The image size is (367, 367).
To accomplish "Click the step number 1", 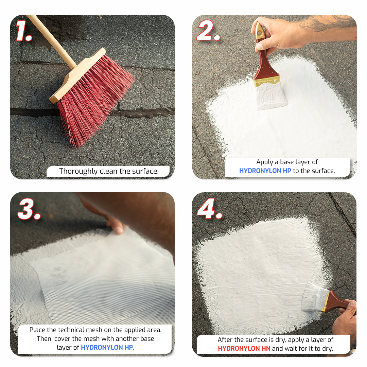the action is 24,31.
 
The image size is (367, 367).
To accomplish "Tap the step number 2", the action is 208,31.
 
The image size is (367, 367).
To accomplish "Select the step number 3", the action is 29,209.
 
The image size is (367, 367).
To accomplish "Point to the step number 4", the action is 209,209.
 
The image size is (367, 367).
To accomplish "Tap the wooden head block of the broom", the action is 77,75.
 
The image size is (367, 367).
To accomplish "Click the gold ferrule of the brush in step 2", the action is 267,82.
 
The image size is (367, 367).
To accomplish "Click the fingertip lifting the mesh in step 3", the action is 118,229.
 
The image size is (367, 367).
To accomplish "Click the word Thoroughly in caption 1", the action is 78,171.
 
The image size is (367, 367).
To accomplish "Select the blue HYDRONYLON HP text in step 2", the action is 265,171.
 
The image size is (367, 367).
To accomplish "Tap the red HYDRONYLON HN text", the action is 244,349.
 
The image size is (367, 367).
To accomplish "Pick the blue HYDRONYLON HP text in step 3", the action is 107,347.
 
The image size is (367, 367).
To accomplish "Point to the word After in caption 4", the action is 225,339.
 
